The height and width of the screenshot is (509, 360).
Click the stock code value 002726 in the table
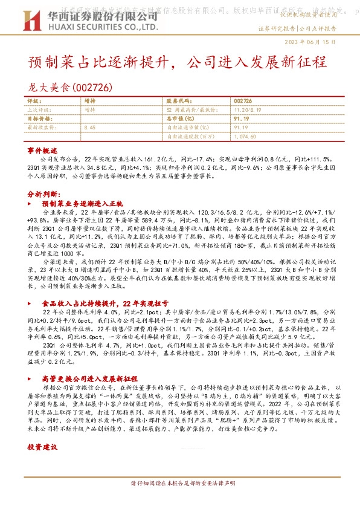point(242,101)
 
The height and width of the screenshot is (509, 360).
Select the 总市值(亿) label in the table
point(178,119)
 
